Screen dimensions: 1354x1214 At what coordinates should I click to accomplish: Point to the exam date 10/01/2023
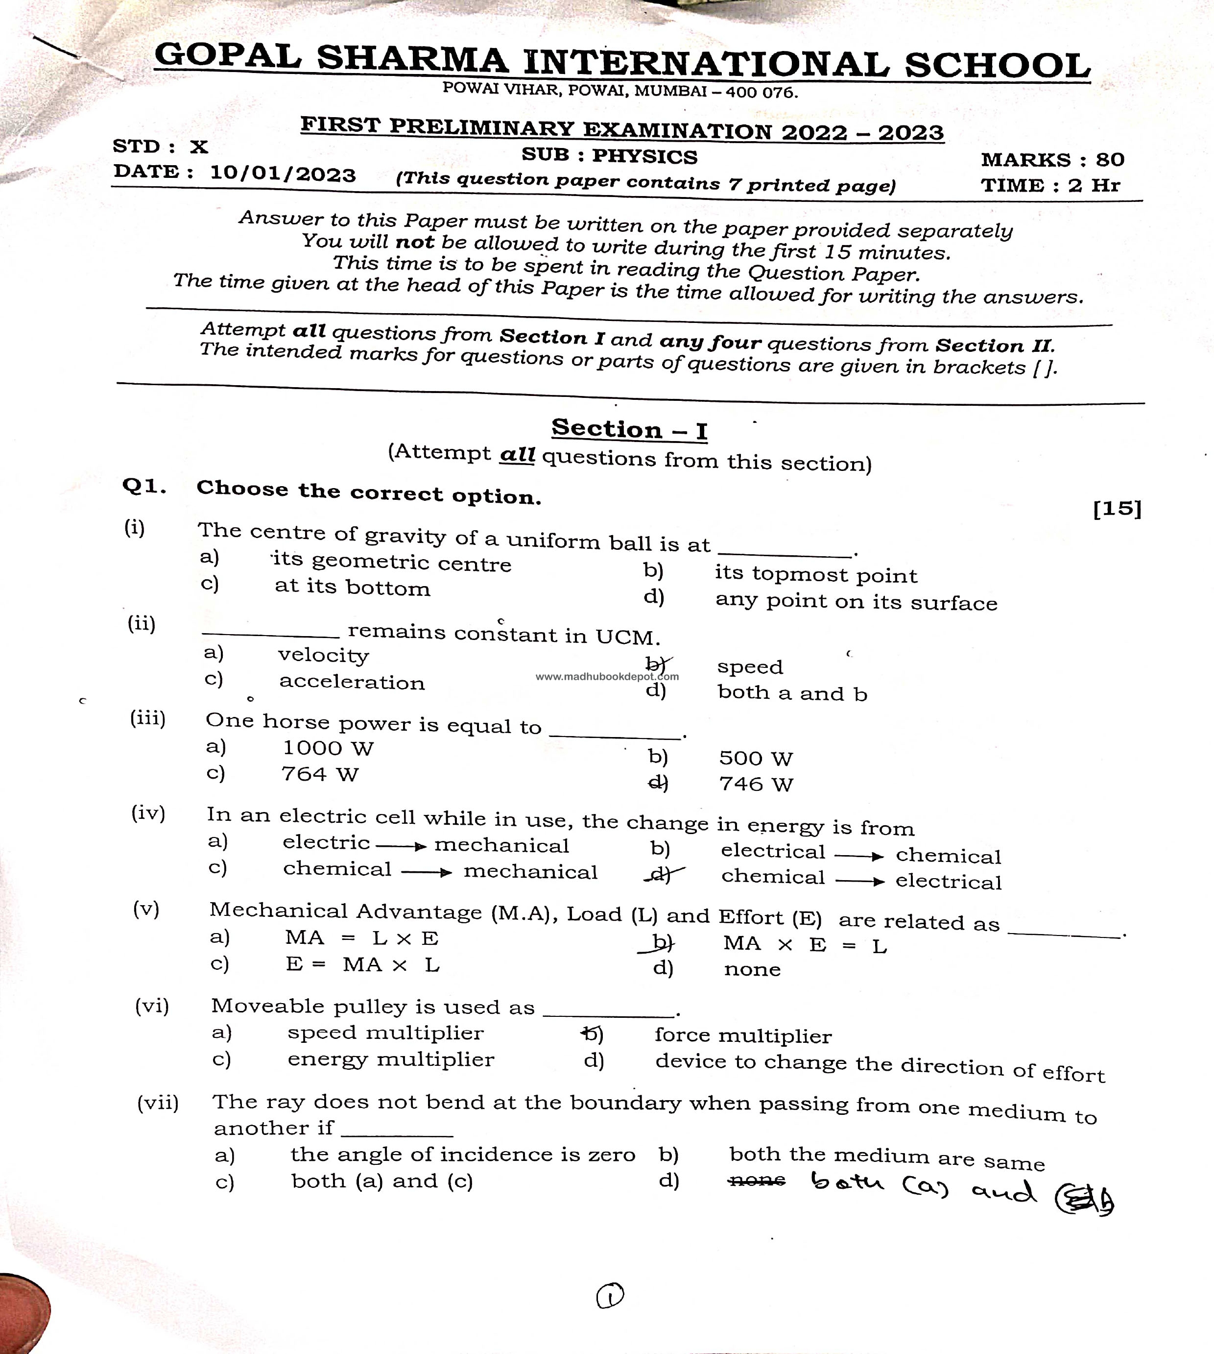(x=283, y=174)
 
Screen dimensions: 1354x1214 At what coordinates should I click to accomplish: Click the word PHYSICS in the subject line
(x=644, y=156)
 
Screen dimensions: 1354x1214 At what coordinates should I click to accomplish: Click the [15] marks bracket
(x=1117, y=509)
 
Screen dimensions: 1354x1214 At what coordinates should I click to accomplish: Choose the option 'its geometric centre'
(x=392, y=563)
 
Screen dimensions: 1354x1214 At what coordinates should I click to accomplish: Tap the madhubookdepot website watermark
(x=607, y=676)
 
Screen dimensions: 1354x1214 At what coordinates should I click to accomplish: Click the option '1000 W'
(x=328, y=748)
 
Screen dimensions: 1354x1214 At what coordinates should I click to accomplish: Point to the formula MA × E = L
(x=805, y=945)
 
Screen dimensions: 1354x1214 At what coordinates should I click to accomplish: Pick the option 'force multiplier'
(x=743, y=1035)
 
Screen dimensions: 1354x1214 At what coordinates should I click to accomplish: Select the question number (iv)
(x=148, y=813)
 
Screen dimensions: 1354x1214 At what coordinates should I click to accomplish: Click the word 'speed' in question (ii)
(x=750, y=666)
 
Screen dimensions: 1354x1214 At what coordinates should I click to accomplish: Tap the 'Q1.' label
(x=144, y=487)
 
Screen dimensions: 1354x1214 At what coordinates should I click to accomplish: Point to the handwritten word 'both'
(x=847, y=1182)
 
